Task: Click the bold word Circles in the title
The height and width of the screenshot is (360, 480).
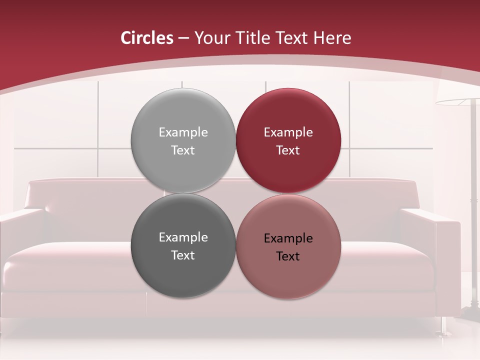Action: [x=146, y=38]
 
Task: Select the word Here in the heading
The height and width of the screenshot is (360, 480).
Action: [x=332, y=38]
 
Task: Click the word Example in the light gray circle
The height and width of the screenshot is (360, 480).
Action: [x=183, y=132]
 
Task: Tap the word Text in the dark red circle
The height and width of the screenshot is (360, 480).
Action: [x=288, y=150]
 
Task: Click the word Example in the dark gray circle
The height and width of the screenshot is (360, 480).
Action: [x=183, y=237]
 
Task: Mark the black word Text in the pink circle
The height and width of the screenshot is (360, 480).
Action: [x=288, y=256]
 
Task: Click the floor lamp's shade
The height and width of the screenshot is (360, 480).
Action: [x=457, y=102]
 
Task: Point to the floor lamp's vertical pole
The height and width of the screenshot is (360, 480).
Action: [x=472, y=200]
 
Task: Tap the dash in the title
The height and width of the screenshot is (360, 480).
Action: [x=183, y=38]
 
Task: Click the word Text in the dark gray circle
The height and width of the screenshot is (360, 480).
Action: [x=183, y=255]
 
